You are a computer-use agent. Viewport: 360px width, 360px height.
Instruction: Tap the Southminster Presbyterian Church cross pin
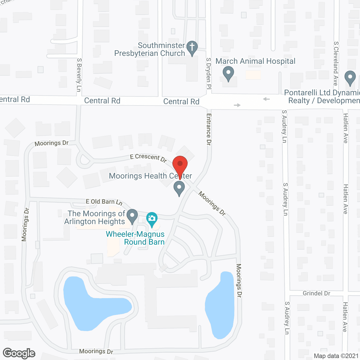coord(192,48)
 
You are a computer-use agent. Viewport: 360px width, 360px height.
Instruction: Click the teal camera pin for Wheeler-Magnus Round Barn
coord(152,219)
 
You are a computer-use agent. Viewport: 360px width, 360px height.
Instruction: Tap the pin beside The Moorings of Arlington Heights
coord(132,216)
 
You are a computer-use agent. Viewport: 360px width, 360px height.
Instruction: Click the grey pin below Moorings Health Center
coord(179,188)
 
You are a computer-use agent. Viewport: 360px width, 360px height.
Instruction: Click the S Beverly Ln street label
coord(79,75)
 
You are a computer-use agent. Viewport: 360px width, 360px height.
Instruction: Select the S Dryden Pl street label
coord(208,73)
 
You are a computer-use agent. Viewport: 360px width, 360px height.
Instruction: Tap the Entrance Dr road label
coord(209,129)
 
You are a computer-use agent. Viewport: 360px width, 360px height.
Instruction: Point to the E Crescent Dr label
coord(148,158)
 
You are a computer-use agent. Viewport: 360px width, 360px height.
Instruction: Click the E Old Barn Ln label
coord(104,202)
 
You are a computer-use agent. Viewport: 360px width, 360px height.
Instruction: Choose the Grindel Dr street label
coord(316,293)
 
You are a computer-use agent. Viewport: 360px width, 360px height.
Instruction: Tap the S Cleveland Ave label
coord(336,64)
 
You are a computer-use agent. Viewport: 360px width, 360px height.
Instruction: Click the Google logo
coord(19,353)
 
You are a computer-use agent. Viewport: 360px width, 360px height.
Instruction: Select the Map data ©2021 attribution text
coord(336,356)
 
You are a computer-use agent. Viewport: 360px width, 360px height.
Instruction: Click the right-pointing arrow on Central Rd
coord(237,105)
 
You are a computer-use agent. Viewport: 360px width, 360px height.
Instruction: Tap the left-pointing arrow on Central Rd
coord(266,99)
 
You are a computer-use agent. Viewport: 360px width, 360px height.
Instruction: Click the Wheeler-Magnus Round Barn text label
coord(135,238)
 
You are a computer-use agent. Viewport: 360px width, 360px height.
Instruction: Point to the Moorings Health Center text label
coord(150,176)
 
